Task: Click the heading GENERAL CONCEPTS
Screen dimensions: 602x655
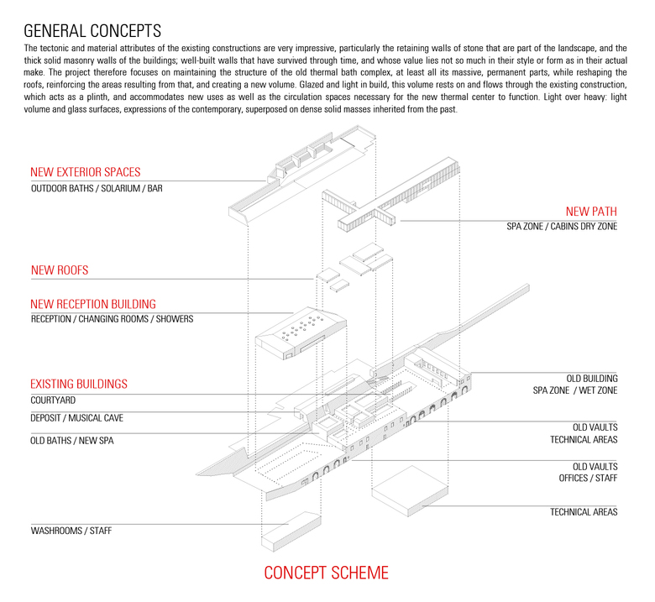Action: tap(92, 31)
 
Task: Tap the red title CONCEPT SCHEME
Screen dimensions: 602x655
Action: tap(327, 573)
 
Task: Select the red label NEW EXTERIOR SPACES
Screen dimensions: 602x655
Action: tap(85, 172)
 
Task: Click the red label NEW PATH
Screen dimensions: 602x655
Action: tap(591, 211)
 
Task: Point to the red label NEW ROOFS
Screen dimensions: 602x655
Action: tap(60, 270)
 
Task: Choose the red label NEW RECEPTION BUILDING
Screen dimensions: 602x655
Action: tap(93, 304)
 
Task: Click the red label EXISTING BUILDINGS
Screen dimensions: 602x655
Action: tap(79, 384)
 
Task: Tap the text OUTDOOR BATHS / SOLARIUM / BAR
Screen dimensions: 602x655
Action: tap(97, 189)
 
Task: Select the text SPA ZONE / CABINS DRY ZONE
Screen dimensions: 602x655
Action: tap(561, 228)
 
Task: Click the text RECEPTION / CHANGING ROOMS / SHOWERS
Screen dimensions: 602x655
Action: tap(112, 319)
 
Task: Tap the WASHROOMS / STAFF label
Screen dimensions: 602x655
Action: tap(71, 531)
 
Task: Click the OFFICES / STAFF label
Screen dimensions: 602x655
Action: tap(588, 478)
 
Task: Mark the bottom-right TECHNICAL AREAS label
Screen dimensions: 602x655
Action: tap(584, 511)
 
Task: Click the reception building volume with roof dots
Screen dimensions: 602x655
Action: tap(302, 336)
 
